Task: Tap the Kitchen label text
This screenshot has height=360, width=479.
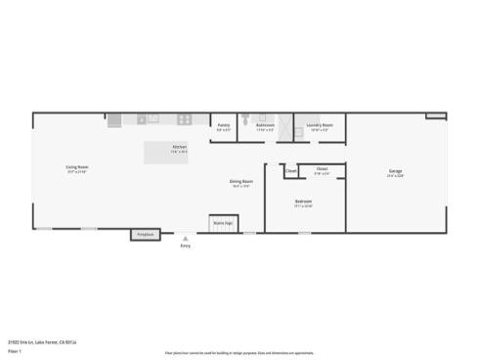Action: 179,147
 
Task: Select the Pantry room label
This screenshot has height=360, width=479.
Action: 223,125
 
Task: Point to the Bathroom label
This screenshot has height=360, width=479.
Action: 265,125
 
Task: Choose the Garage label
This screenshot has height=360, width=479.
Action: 395,172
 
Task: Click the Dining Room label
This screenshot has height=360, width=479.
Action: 242,181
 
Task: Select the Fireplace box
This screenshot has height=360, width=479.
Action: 146,235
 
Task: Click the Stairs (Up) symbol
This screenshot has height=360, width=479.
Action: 223,223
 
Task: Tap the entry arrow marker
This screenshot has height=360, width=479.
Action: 186,238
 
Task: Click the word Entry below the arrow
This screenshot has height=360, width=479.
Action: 186,246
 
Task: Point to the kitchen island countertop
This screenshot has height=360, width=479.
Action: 166,152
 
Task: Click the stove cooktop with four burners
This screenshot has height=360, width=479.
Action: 183,119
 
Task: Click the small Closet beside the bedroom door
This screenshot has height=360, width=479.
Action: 291,170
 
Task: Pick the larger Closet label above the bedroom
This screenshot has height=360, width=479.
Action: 322,169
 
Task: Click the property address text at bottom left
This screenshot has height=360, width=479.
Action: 42,342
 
